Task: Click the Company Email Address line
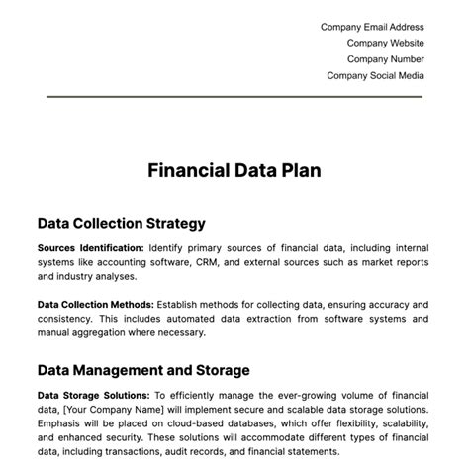[x=371, y=28]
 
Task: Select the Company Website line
[x=385, y=44]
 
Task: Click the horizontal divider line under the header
[x=234, y=97]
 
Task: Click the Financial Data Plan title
[x=234, y=170]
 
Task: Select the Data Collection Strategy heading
[x=121, y=223]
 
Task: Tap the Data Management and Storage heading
[x=143, y=369]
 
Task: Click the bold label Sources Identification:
[x=90, y=248]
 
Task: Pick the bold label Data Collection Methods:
[x=95, y=304]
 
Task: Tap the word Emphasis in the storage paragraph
[x=64, y=424]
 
